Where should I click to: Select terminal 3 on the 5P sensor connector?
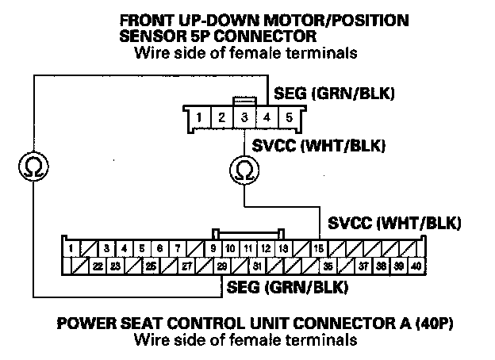(x=245, y=119)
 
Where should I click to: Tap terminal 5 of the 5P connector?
(x=290, y=119)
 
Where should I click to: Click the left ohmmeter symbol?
(x=34, y=166)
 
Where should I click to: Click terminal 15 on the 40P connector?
(x=318, y=248)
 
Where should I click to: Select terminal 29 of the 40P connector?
(x=222, y=266)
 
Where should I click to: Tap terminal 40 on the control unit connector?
(x=416, y=266)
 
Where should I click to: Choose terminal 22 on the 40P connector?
(x=98, y=266)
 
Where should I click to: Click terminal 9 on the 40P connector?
(x=213, y=248)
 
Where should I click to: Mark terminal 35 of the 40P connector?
(x=328, y=266)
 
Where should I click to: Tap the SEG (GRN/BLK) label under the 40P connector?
(x=287, y=285)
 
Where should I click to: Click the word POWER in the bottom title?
(x=82, y=325)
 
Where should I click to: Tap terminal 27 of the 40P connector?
(x=187, y=266)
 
